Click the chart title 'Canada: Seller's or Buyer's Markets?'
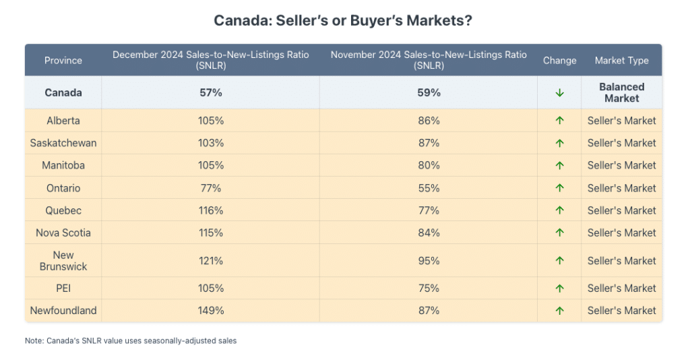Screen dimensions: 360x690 pyautogui.click(x=343, y=20)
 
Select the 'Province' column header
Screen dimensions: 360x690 pyautogui.click(x=63, y=61)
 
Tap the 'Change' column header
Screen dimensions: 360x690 pyautogui.click(x=559, y=61)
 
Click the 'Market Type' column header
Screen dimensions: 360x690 pyautogui.click(x=621, y=61)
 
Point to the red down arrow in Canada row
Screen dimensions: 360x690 pyautogui.click(x=559, y=93)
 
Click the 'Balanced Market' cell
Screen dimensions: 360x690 pyautogui.click(x=621, y=92)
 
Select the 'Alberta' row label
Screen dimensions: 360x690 pyautogui.click(x=63, y=121)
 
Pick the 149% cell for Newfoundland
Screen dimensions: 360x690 pyautogui.click(x=211, y=311)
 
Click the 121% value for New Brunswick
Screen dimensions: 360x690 pyautogui.click(x=211, y=261)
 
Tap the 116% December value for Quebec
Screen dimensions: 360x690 pyautogui.click(x=211, y=210)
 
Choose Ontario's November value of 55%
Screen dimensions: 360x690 pyautogui.click(x=429, y=188)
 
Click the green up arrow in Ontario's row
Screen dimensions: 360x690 pyautogui.click(x=559, y=188)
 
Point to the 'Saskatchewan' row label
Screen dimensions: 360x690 pyautogui.click(x=63, y=143)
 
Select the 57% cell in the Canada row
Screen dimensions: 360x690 pyautogui.click(x=211, y=92)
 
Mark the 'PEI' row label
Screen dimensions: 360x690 pyautogui.click(x=63, y=288)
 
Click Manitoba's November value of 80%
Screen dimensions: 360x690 pyautogui.click(x=429, y=165)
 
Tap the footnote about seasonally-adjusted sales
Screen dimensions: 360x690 pyautogui.click(x=131, y=341)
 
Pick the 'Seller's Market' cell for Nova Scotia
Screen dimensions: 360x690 pyautogui.click(x=621, y=233)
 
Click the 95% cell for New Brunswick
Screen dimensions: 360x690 pyautogui.click(x=429, y=261)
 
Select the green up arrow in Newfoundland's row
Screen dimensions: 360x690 pyautogui.click(x=559, y=311)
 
